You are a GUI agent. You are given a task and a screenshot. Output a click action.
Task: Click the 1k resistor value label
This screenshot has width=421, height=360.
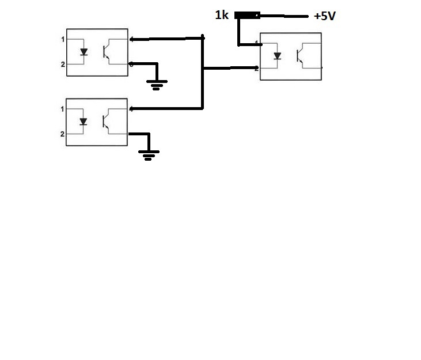(x=221, y=16)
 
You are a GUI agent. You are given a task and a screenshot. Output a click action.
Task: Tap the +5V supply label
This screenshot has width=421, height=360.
(x=324, y=16)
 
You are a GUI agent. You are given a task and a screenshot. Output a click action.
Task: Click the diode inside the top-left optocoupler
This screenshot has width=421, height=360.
(x=84, y=52)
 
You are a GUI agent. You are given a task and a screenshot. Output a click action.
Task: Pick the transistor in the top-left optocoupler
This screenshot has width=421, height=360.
(x=107, y=51)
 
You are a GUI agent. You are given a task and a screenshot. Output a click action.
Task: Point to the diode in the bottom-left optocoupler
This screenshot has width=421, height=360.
(x=84, y=122)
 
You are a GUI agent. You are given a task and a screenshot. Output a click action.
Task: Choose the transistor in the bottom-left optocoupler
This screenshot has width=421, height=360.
(x=107, y=121)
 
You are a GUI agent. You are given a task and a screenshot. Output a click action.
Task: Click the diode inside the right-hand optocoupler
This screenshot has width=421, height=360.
(x=278, y=56)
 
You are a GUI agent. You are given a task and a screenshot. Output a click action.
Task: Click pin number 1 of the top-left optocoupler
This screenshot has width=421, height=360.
(x=63, y=39)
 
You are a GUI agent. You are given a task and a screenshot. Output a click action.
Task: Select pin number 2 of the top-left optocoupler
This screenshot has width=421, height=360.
(x=63, y=64)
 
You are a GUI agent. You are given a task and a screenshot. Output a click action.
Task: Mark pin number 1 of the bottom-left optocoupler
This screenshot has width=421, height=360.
(x=62, y=109)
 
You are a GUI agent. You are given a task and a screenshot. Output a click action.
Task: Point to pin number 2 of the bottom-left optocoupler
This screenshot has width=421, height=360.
(x=62, y=134)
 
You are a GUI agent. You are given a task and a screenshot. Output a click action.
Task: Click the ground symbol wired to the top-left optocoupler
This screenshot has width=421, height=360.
(x=156, y=85)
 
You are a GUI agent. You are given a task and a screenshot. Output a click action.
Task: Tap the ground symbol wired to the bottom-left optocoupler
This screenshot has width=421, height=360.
(x=149, y=154)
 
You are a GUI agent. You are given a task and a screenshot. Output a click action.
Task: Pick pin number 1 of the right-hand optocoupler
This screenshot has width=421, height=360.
(x=256, y=43)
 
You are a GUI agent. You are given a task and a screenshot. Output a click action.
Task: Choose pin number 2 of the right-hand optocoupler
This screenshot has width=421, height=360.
(x=256, y=68)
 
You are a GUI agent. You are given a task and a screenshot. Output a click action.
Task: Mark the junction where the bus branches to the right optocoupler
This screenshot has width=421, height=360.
(x=203, y=68)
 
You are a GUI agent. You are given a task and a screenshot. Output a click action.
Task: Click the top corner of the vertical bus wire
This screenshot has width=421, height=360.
(x=203, y=38)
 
